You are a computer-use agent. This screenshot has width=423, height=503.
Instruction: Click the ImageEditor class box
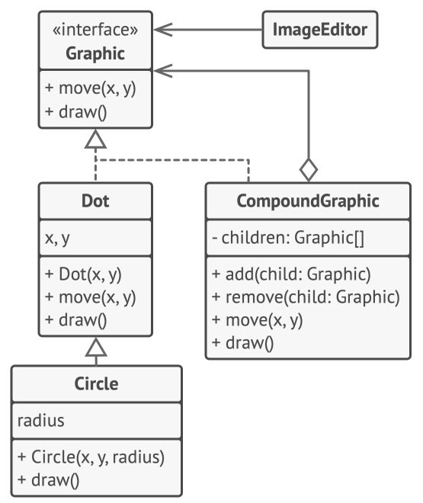(320, 30)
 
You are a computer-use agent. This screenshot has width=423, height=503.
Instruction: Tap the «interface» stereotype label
(95, 30)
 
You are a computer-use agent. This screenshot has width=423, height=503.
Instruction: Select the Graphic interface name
(95, 53)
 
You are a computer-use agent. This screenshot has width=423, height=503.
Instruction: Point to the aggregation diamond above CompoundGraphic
(309, 170)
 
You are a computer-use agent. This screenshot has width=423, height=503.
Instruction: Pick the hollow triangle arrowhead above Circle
(96, 347)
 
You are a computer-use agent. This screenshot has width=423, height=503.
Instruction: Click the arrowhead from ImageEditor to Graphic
(163, 30)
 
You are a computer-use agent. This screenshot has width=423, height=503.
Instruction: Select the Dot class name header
(95, 200)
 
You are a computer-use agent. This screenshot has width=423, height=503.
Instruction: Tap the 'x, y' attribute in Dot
(57, 238)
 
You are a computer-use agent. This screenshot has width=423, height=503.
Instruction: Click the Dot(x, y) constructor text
(83, 274)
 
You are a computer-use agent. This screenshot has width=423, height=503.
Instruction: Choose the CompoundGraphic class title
(308, 201)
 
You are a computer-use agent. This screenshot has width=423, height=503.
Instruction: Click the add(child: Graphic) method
(291, 274)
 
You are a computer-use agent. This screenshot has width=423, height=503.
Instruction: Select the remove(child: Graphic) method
(306, 297)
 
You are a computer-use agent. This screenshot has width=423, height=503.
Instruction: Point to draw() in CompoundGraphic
(243, 343)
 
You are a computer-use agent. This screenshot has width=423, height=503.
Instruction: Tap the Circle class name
(96, 383)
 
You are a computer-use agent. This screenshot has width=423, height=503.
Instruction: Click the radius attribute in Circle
(40, 421)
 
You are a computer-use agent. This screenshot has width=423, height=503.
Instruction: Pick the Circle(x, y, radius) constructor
(91, 457)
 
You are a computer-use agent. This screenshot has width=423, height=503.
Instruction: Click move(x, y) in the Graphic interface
(91, 88)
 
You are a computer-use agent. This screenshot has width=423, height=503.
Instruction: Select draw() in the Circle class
(49, 480)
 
